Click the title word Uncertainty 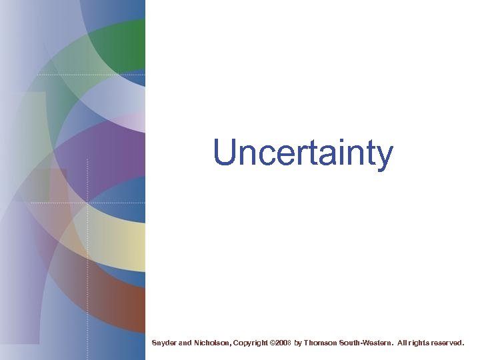303,153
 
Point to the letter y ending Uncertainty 385,156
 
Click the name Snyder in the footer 164,343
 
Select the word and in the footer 185,343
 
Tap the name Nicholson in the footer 212,343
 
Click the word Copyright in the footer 251,343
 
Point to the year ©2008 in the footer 281,343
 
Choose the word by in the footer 298,343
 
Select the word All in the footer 403,343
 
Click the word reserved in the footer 448,343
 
